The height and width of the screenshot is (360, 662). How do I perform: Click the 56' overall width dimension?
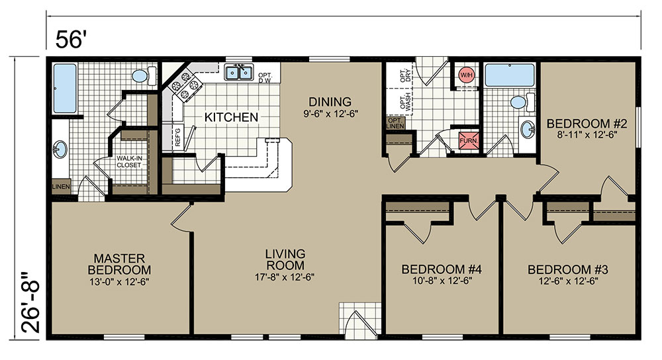click(x=71, y=40)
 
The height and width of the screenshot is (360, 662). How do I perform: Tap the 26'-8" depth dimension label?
click(x=31, y=302)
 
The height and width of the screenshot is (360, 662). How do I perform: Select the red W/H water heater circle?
click(x=467, y=75)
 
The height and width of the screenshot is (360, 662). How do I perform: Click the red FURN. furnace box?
click(x=469, y=140)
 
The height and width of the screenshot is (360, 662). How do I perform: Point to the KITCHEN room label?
click(x=231, y=117)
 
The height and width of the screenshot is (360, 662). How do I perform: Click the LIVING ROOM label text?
click(x=285, y=259)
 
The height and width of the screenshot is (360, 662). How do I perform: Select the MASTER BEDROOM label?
click(x=119, y=264)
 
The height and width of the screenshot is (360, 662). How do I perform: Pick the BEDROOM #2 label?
click(x=587, y=124)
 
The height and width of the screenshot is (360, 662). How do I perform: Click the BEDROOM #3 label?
click(x=568, y=269)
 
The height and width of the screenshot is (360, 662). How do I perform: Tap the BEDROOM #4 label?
click(x=442, y=269)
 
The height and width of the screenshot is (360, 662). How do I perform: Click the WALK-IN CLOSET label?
click(x=129, y=161)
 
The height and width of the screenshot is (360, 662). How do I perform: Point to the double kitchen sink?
click(x=238, y=73)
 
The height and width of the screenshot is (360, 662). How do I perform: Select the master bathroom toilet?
click(x=144, y=76)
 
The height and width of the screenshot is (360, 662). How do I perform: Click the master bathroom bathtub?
click(x=65, y=88)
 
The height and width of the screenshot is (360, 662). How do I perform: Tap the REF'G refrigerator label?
click(x=177, y=137)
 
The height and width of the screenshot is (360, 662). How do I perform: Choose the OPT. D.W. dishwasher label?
click(x=265, y=77)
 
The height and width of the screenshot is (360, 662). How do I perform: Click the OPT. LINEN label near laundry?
click(x=395, y=123)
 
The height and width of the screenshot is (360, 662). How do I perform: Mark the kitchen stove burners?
click(x=185, y=86)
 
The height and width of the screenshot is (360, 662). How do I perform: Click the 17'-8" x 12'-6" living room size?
click(x=285, y=277)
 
